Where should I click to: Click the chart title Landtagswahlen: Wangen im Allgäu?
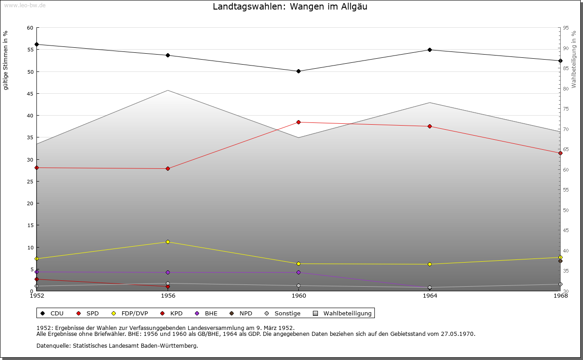pos(290,7)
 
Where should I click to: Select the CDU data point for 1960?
pos(298,71)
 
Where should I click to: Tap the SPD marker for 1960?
pos(298,122)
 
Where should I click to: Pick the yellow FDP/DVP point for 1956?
pos(168,242)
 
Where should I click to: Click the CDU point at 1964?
pos(430,50)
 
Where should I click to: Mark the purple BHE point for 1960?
pos(298,273)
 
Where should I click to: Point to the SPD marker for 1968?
pos(560,153)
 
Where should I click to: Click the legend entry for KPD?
pos(176,314)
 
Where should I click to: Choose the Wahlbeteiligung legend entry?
pos(348,314)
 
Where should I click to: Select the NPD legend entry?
pos(245,314)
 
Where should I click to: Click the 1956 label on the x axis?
pos(168,296)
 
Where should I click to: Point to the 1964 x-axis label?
pos(430,296)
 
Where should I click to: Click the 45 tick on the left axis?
pos(30,94)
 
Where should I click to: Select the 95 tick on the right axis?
pos(565,28)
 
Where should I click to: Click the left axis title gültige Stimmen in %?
pos(6,60)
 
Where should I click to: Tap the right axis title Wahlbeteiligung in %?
pos(574,59)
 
